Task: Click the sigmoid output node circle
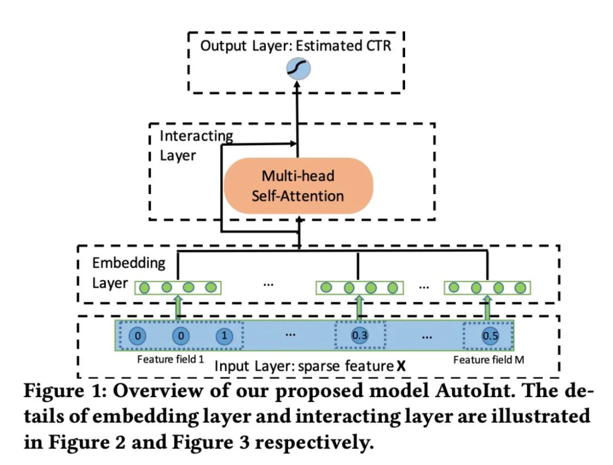point(298,70)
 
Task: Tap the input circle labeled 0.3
point(359,336)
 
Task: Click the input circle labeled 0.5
point(489,336)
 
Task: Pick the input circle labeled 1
point(224,336)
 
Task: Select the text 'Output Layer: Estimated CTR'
point(295,47)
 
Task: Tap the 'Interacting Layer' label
point(195,145)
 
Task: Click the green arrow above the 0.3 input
point(359,307)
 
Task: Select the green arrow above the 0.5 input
point(488,307)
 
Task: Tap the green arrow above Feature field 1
point(178,307)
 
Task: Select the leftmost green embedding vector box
point(178,288)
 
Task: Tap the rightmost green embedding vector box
point(487,288)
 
